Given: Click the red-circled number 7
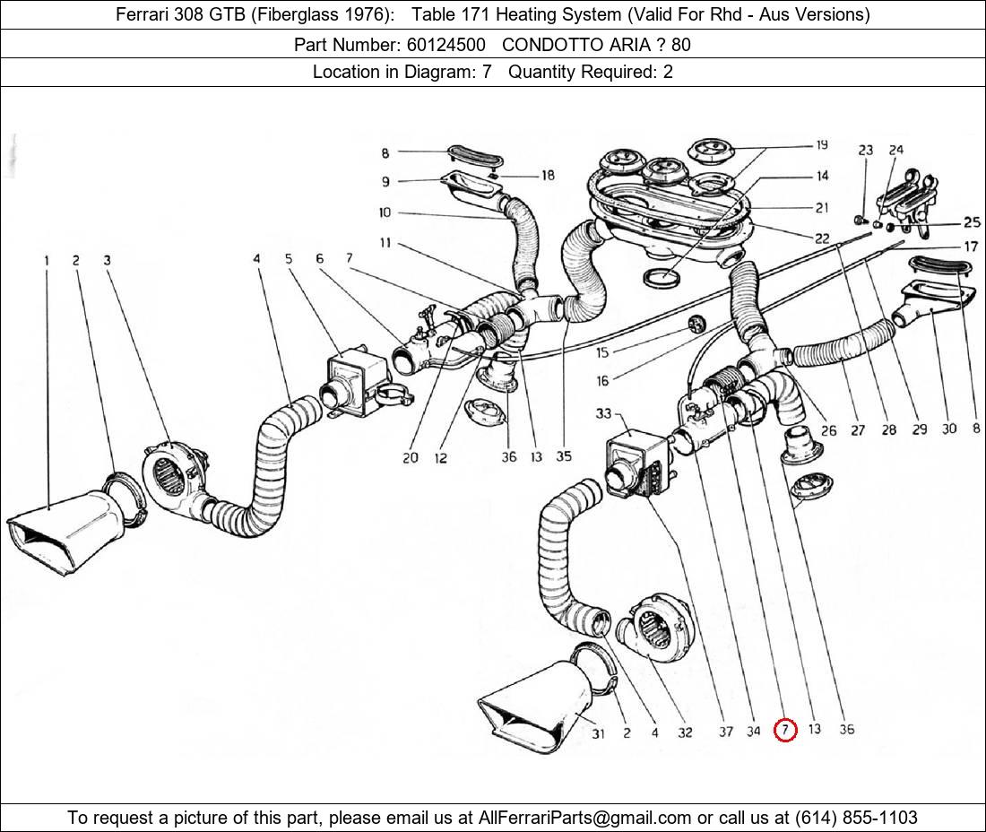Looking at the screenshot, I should [x=784, y=730].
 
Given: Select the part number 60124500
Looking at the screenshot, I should [x=445, y=44].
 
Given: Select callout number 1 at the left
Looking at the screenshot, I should [x=46, y=261].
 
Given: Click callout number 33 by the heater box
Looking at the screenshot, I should [x=602, y=413].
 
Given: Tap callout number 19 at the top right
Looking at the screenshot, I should [x=821, y=145].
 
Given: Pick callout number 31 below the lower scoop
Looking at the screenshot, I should [x=598, y=733].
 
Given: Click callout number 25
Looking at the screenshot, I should [x=972, y=222].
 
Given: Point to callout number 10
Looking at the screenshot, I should [x=385, y=212].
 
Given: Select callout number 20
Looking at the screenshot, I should [x=410, y=457].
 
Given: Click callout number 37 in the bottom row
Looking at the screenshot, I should [x=725, y=732].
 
